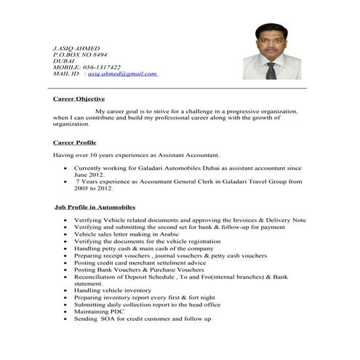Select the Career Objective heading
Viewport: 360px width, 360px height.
pos(79,98)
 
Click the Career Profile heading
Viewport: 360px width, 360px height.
pos(75,143)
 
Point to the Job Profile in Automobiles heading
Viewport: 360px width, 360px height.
pos(95,207)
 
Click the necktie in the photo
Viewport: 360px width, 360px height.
pos(271,70)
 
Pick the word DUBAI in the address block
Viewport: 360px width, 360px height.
pos(64,60)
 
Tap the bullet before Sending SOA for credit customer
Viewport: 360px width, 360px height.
pos(66,319)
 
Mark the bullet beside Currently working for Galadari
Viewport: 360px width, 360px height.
pos(66,168)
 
